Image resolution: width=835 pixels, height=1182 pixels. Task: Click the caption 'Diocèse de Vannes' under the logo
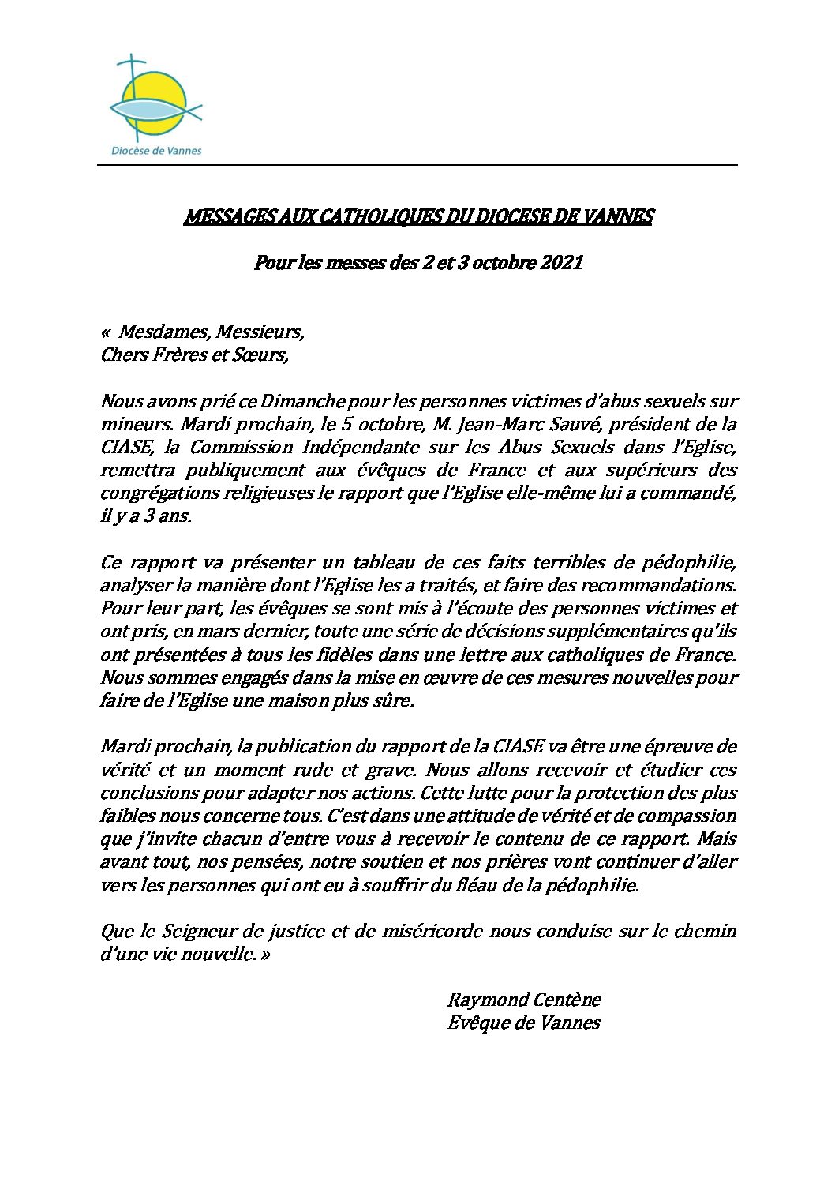[155, 151]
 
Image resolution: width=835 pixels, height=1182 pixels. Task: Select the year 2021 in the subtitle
[561, 262]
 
